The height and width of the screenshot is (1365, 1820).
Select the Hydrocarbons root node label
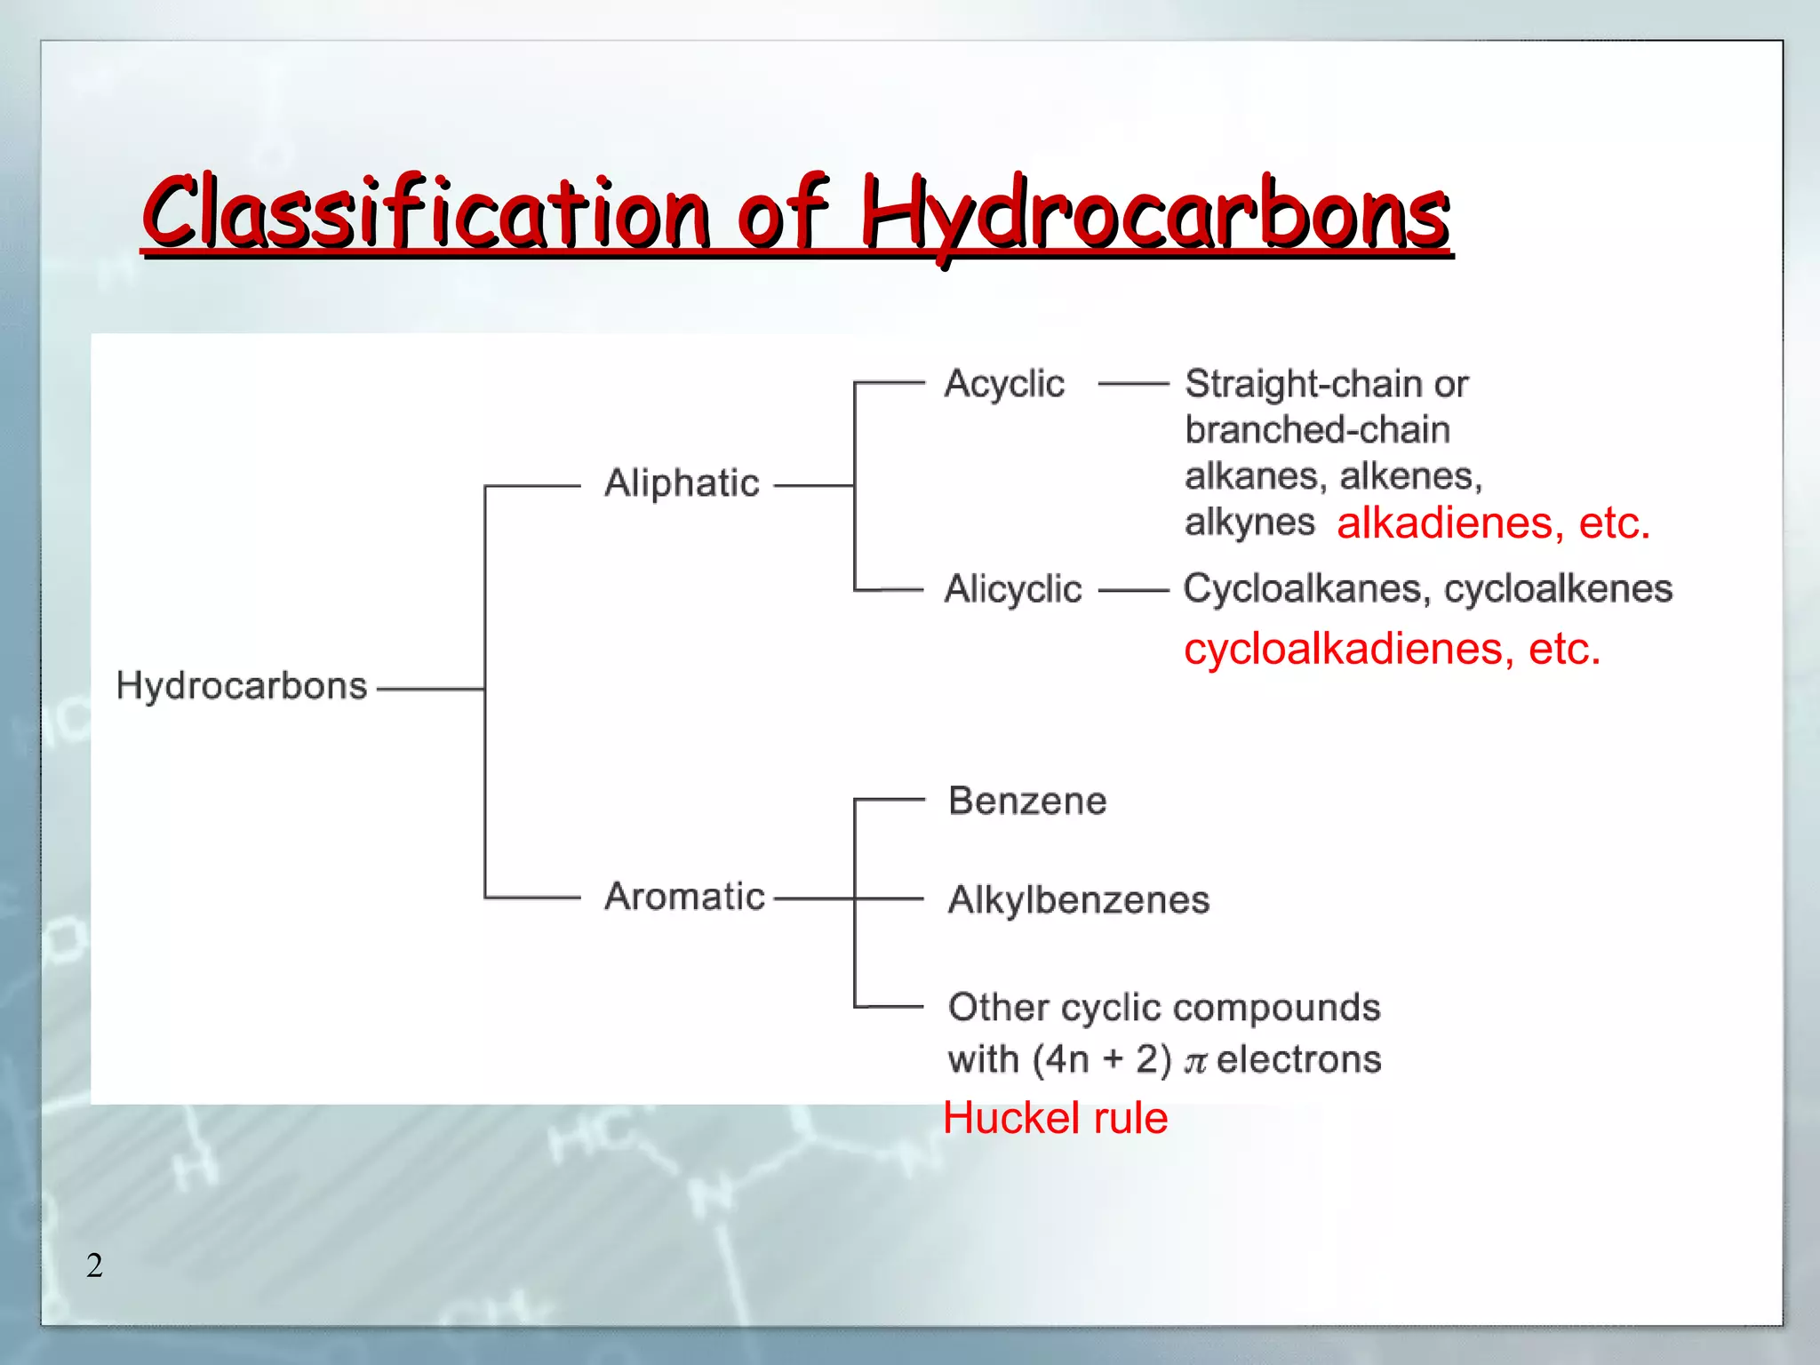[242, 686]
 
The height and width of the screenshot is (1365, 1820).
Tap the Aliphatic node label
[682, 483]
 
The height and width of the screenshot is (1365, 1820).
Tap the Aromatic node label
[684, 896]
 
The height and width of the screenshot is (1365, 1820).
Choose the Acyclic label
[1004, 384]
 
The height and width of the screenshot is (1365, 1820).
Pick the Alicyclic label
[1013, 589]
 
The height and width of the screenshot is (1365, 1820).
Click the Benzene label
[1027, 801]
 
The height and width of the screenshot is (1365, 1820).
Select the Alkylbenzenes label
[1079, 900]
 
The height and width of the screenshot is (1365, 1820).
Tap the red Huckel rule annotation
[1055, 1118]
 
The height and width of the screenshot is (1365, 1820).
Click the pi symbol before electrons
[1195, 1061]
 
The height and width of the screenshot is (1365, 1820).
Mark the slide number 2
[94, 1265]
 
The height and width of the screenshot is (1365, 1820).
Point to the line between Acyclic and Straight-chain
[1133, 384]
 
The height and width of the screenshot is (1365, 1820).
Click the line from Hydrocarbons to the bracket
[430, 688]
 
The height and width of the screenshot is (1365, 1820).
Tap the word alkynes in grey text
[1249, 523]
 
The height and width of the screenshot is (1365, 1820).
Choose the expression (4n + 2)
[1102, 1059]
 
